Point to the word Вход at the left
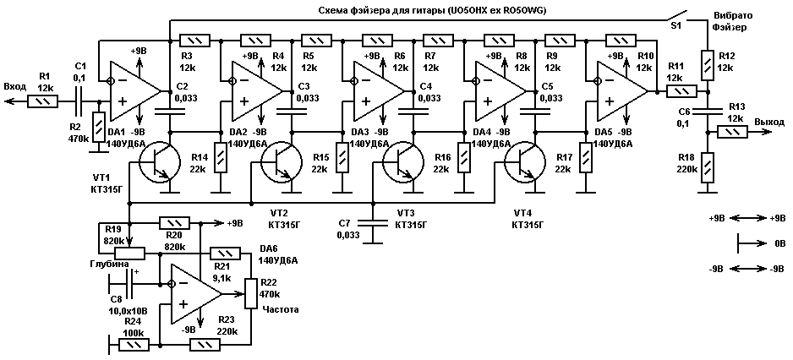point(15,86)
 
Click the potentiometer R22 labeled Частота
point(250,292)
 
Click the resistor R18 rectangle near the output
point(707,166)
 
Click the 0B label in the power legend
point(779,243)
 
